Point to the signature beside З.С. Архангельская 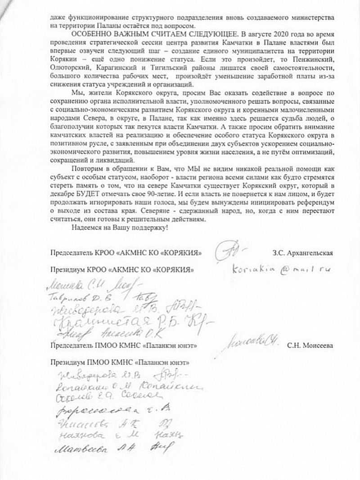pyautogui.click(x=229, y=251)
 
